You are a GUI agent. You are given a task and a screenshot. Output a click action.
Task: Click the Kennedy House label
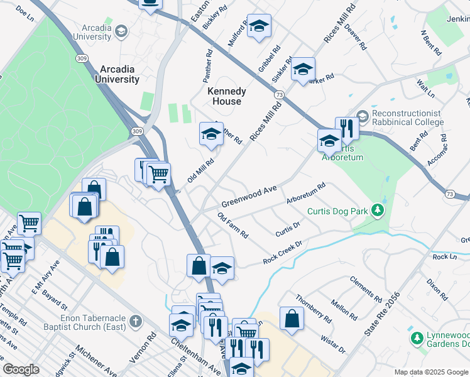coord(227,96)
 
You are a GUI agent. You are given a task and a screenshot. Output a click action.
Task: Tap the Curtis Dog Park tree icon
coord(378,210)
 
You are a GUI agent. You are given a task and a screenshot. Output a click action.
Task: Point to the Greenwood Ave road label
coord(249,197)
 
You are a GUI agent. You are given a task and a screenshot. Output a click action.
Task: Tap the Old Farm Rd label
coord(233,226)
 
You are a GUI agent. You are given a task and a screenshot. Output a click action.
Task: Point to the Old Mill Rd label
coord(200,171)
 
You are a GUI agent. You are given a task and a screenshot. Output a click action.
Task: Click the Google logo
coord(21,369)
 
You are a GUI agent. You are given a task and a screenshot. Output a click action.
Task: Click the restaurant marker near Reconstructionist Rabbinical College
coord(347,129)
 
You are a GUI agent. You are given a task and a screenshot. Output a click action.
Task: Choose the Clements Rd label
coord(366,287)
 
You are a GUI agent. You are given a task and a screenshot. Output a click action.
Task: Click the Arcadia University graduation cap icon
coord(119,30)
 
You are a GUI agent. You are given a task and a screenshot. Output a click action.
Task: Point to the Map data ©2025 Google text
coord(430,371)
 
